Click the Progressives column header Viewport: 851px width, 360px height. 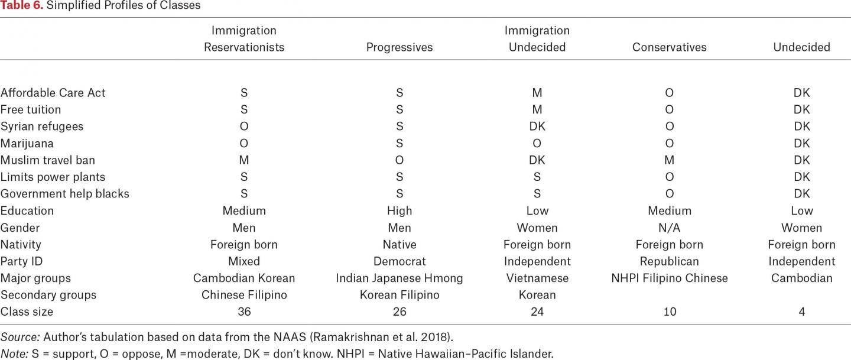point(399,47)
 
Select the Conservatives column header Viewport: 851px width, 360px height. point(669,47)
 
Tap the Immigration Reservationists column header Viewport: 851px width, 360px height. point(244,39)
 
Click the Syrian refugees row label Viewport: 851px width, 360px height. point(42,127)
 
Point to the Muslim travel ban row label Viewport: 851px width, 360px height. point(48,160)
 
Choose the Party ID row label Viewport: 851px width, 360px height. point(22,261)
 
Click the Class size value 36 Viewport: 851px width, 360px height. point(244,312)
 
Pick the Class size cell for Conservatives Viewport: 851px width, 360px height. point(670,312)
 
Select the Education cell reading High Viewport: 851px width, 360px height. point(399,211)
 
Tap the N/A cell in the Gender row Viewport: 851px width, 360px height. point(670,228)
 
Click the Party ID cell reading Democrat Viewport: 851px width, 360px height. point(399,261)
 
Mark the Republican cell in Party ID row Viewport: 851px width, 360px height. point(670,261)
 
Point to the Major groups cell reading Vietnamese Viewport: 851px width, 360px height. point(537,278)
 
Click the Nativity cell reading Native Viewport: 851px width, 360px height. point(399,245)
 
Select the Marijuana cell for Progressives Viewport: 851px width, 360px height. point(399,144)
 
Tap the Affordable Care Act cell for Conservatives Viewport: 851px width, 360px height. point(670,93)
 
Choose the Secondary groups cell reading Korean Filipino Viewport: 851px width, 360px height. point(399,295)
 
